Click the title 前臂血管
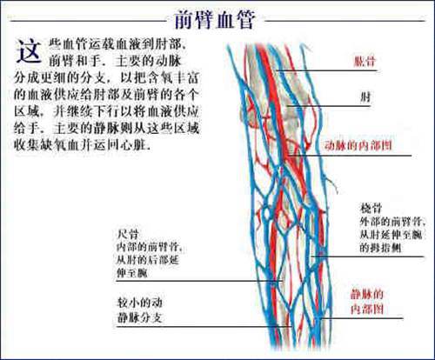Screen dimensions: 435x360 click(x=215, y=20)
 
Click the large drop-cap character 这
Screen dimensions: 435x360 click(x=29, y=51)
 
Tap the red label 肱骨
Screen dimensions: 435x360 click(x=365, y=61)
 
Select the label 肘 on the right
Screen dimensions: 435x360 click(x=365, y=97)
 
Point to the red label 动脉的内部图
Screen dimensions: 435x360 click(x=358, y=145)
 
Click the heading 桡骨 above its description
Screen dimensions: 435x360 click(x=371, y=208)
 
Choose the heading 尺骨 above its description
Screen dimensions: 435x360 click(x=128, y=234)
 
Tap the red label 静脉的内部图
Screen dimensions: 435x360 click(x=367, y=302)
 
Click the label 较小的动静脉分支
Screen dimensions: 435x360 click(x=139, y=310)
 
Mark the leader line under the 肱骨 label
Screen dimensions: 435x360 click(x=326, y=70)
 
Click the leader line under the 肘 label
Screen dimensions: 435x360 click(x=329, y=106)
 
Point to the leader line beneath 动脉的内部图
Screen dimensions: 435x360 click(x=350, y=156)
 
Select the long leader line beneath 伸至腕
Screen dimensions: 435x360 click(x=199, y=281)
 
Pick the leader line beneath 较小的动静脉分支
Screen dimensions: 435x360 click(x=204, y=327)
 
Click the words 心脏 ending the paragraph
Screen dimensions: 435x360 click(x=137, y=144)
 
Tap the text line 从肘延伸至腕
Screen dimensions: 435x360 click(x=391, y=235)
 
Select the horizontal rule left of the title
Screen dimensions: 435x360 click(x=88, y=21)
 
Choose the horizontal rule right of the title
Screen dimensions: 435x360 click(x=345, y=21)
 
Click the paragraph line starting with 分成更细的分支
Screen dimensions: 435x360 click(x=106, y=77)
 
